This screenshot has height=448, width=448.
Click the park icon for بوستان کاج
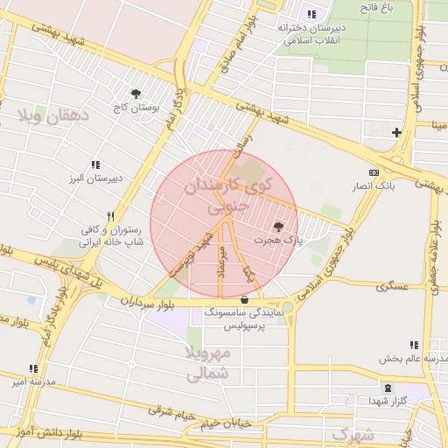point(136,94)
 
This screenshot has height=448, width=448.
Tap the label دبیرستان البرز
point(95,178)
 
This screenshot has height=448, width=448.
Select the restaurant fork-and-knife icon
point(110,216)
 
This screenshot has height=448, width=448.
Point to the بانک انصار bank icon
point(374,172)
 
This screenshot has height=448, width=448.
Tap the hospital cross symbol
point(397,132)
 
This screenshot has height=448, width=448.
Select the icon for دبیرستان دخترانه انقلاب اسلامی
point(311,14)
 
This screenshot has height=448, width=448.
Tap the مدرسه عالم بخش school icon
point(414,346)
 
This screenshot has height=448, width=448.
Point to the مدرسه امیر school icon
point(33,369)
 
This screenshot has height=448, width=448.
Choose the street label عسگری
point(393,286)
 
